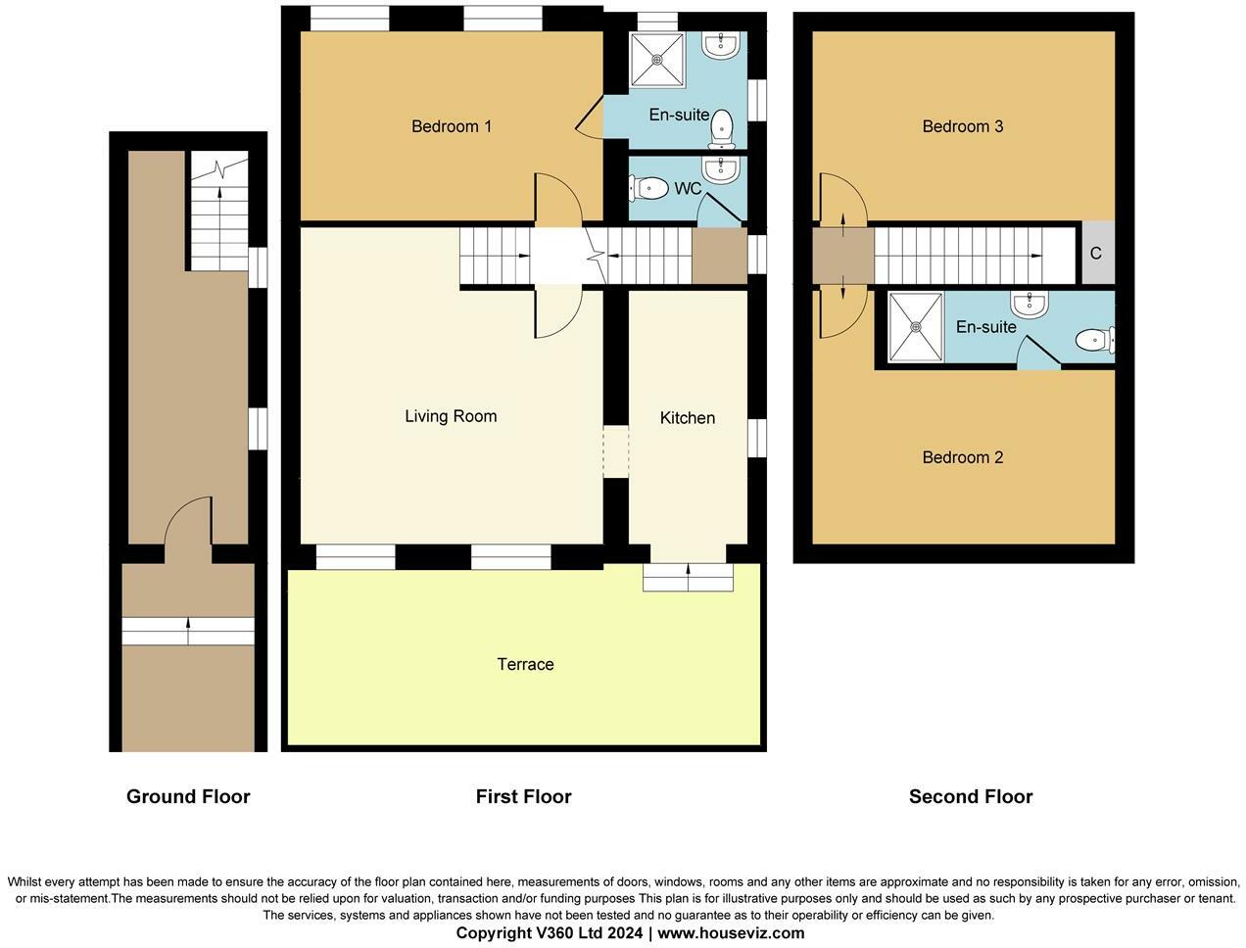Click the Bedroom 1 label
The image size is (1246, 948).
click(x=452, y=126)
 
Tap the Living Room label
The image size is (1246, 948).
click(x=451, y=416)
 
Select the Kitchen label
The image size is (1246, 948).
click(x=687, y=418)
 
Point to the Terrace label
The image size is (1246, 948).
click(x=525, y=664)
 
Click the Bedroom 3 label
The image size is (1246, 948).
click(x=963, y=126)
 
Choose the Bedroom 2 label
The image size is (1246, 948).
click(x=963, y=457)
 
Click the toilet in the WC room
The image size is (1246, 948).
click(x=648, y=188)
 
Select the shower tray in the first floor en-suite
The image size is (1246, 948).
click(x=657, y=60)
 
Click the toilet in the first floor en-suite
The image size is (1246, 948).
click(x=722, y=128)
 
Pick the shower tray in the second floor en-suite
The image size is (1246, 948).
click(x=916, y=327)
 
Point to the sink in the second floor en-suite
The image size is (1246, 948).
click(x=1030, y=304)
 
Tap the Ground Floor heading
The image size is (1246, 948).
click(x=188, y=796)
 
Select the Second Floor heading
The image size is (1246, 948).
click(x=971, y=796)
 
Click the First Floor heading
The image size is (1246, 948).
click(x=523, y=796)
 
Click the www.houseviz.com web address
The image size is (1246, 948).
click(x=731, y=932)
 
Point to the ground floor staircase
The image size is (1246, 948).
click(x=219, y=211)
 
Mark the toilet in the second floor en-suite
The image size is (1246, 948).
click(x=1095, y=341)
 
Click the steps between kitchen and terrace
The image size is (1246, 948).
click(x=688, y=578)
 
